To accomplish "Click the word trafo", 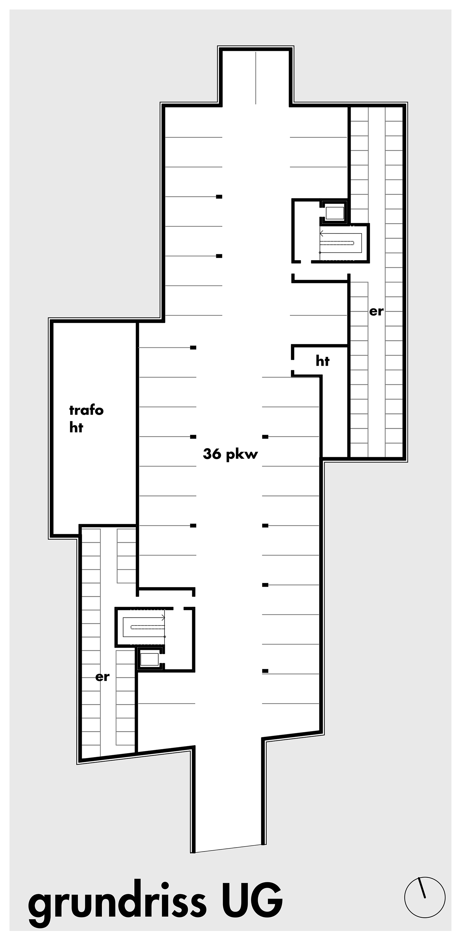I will (86, 410).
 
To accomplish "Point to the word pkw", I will (242, 455).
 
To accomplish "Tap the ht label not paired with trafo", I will (322, 361).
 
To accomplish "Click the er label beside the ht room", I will (376, 312).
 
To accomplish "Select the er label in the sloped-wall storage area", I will (103, 677).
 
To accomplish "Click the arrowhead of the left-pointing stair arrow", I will (321, 234).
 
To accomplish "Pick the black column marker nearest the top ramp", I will (219, 197).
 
